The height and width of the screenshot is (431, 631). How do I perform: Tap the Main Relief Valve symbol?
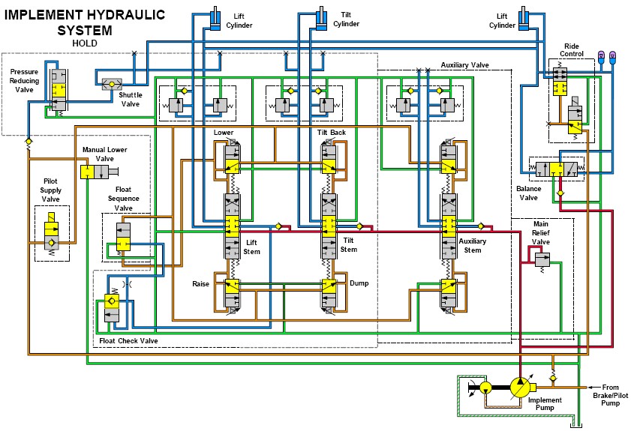pyautogui.click(x=542, y=259)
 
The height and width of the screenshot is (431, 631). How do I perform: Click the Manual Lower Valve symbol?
pyautogui.click(x=89, y=173)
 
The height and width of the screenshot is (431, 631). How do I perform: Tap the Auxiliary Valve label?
pyautogui.click(x=464, y=65)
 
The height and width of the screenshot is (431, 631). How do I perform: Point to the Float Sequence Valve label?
pyautogui.click(x=123, y=200)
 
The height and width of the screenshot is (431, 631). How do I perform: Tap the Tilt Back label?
pyautogui.click(x=332, y=133)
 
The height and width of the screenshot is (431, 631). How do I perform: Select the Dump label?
pyautogui.click(x=359, y=283)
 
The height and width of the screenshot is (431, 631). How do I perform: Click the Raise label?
pyautogui.click(x=200, y=285)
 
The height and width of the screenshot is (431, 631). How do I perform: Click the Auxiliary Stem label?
pyautogui.click(x=473, y=246)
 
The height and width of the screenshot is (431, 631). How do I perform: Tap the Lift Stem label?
pyautogui.click(x=252, y=247)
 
